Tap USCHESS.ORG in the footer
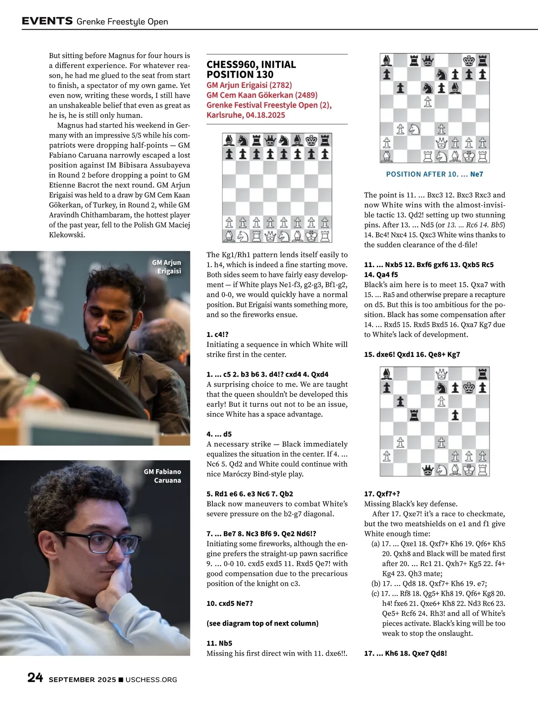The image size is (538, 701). tap(151, 679)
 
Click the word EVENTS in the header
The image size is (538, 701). tap(47, 21)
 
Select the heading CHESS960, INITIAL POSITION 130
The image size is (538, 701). tap(251, 69)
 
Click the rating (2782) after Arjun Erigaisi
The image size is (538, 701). tap(280, 85)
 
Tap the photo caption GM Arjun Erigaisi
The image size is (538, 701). tap(167, 267)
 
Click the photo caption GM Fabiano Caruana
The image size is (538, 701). tap(163, 476)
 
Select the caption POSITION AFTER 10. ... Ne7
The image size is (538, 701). tap(434, 174)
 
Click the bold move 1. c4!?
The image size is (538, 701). tap(217, 334)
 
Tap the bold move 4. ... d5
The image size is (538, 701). tap(219, 434)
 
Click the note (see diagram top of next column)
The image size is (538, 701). tap(262, 623)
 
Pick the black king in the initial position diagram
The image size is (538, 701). tap(311, 141)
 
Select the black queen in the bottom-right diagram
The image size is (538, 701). tap(428, 469)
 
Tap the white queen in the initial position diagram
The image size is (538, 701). tap(270, 236)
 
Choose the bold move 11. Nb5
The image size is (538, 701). tap(219, 643)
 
